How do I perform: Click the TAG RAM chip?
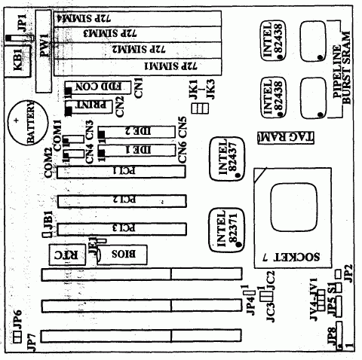coord(281,138)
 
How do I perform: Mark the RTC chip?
coord(65,254)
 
